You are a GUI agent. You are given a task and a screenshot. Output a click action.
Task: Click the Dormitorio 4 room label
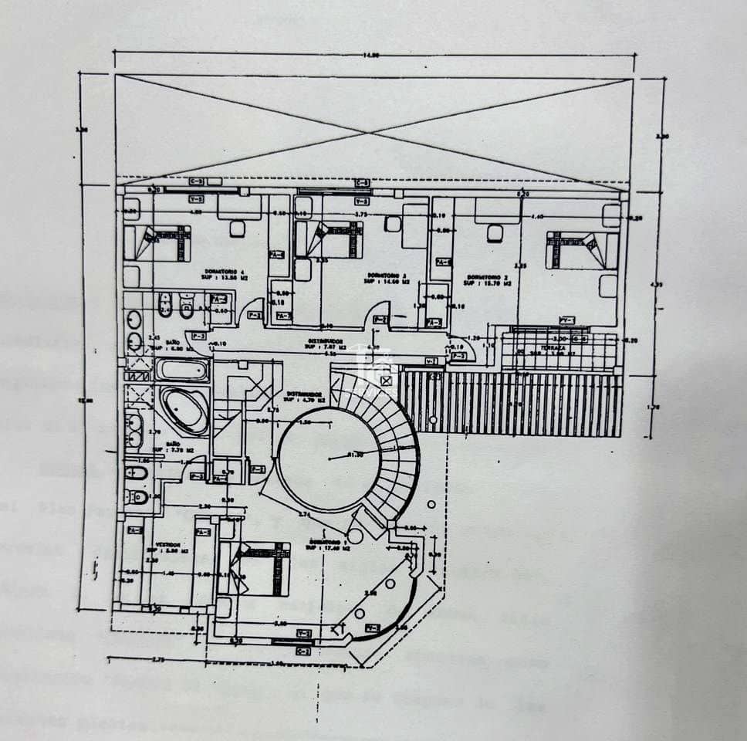[x=225, y=272]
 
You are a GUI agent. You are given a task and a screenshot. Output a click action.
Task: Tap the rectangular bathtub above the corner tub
[x=181, y=369]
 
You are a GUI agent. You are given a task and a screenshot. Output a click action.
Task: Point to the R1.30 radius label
[x=354, y=454]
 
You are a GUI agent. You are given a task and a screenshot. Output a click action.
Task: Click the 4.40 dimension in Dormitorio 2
[x=538, y=217]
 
